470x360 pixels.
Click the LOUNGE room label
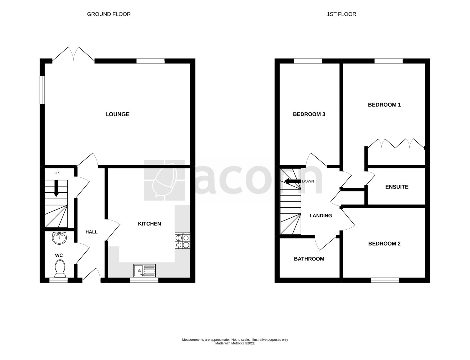tap(117, 114)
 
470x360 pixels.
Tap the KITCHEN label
tap(149, 224)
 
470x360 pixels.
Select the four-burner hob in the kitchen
tap(182, 241)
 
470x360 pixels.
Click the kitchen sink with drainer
tap(144, 271)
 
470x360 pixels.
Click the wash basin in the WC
tap(59, 238)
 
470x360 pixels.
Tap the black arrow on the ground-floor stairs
tap(56, 188)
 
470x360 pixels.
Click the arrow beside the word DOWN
tap(292, 181)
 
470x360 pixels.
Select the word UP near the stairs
tap(56, 173)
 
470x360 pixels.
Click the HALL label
tap(92, 232)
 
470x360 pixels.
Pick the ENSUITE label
tap(397, 187)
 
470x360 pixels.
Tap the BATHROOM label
tap(309, 259)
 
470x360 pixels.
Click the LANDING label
tap(321, 215)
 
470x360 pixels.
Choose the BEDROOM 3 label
tap(309, 114)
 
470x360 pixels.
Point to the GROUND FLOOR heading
tap(109, 14)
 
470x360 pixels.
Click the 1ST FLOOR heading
tap(342, 14)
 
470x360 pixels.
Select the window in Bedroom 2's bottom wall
tap(385, 280)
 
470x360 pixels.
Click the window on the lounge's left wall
tap(42, 90)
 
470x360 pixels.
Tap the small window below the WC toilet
tap(58, 280)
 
